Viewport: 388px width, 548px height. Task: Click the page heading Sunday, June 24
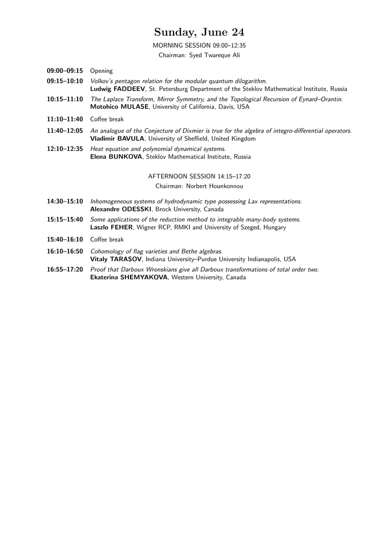pos(199,33)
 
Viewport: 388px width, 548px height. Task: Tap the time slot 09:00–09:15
pos(65,71)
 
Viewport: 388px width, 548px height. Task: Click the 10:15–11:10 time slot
pos(65,100)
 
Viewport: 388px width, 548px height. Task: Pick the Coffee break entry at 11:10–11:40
pos(106,119)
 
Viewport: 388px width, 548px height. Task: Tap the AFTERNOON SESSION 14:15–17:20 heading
pos(199,176)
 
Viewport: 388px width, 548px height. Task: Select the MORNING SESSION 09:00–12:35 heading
pos(199,45)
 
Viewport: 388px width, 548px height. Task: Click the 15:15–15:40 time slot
pos(65,220)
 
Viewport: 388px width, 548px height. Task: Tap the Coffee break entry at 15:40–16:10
pos(106,240)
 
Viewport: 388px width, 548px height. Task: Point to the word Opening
pos(101,71)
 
